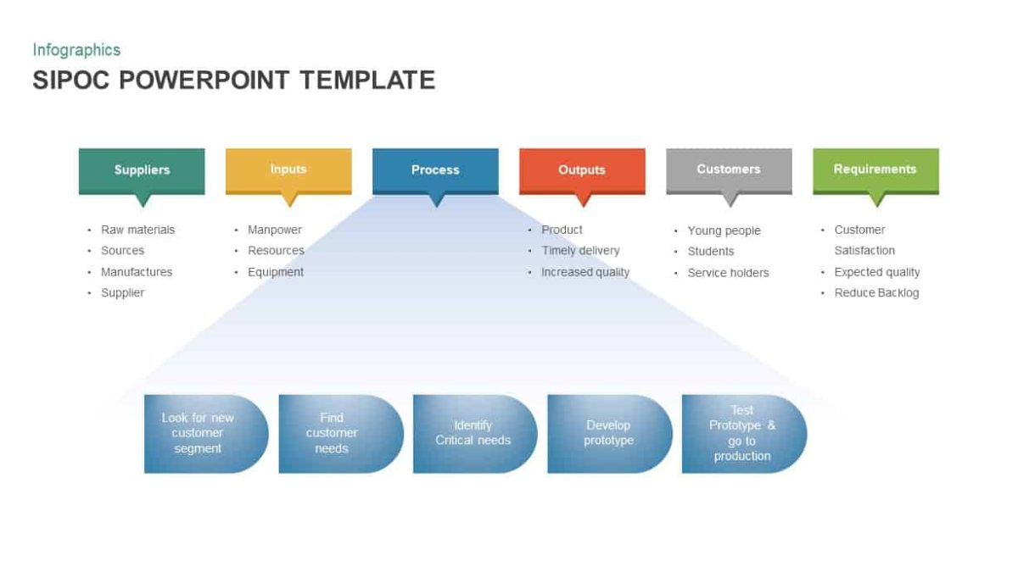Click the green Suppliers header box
[142, 170]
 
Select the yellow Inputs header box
[288, 169]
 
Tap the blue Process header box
[435, 170]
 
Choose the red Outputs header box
[582, 170]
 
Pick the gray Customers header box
[729, 169]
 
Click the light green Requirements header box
[875, 169]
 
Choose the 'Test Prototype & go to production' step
[742, 433]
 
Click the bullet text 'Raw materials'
[137, 230]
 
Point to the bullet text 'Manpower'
[275, 230]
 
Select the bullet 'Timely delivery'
[580, 251]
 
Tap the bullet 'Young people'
[724, 230]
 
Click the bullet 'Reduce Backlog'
[876, 293]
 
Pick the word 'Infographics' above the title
[76, 50]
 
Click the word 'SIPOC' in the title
[72, 81]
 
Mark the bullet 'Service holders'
[728, 273]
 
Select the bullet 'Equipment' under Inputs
[276, 272]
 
